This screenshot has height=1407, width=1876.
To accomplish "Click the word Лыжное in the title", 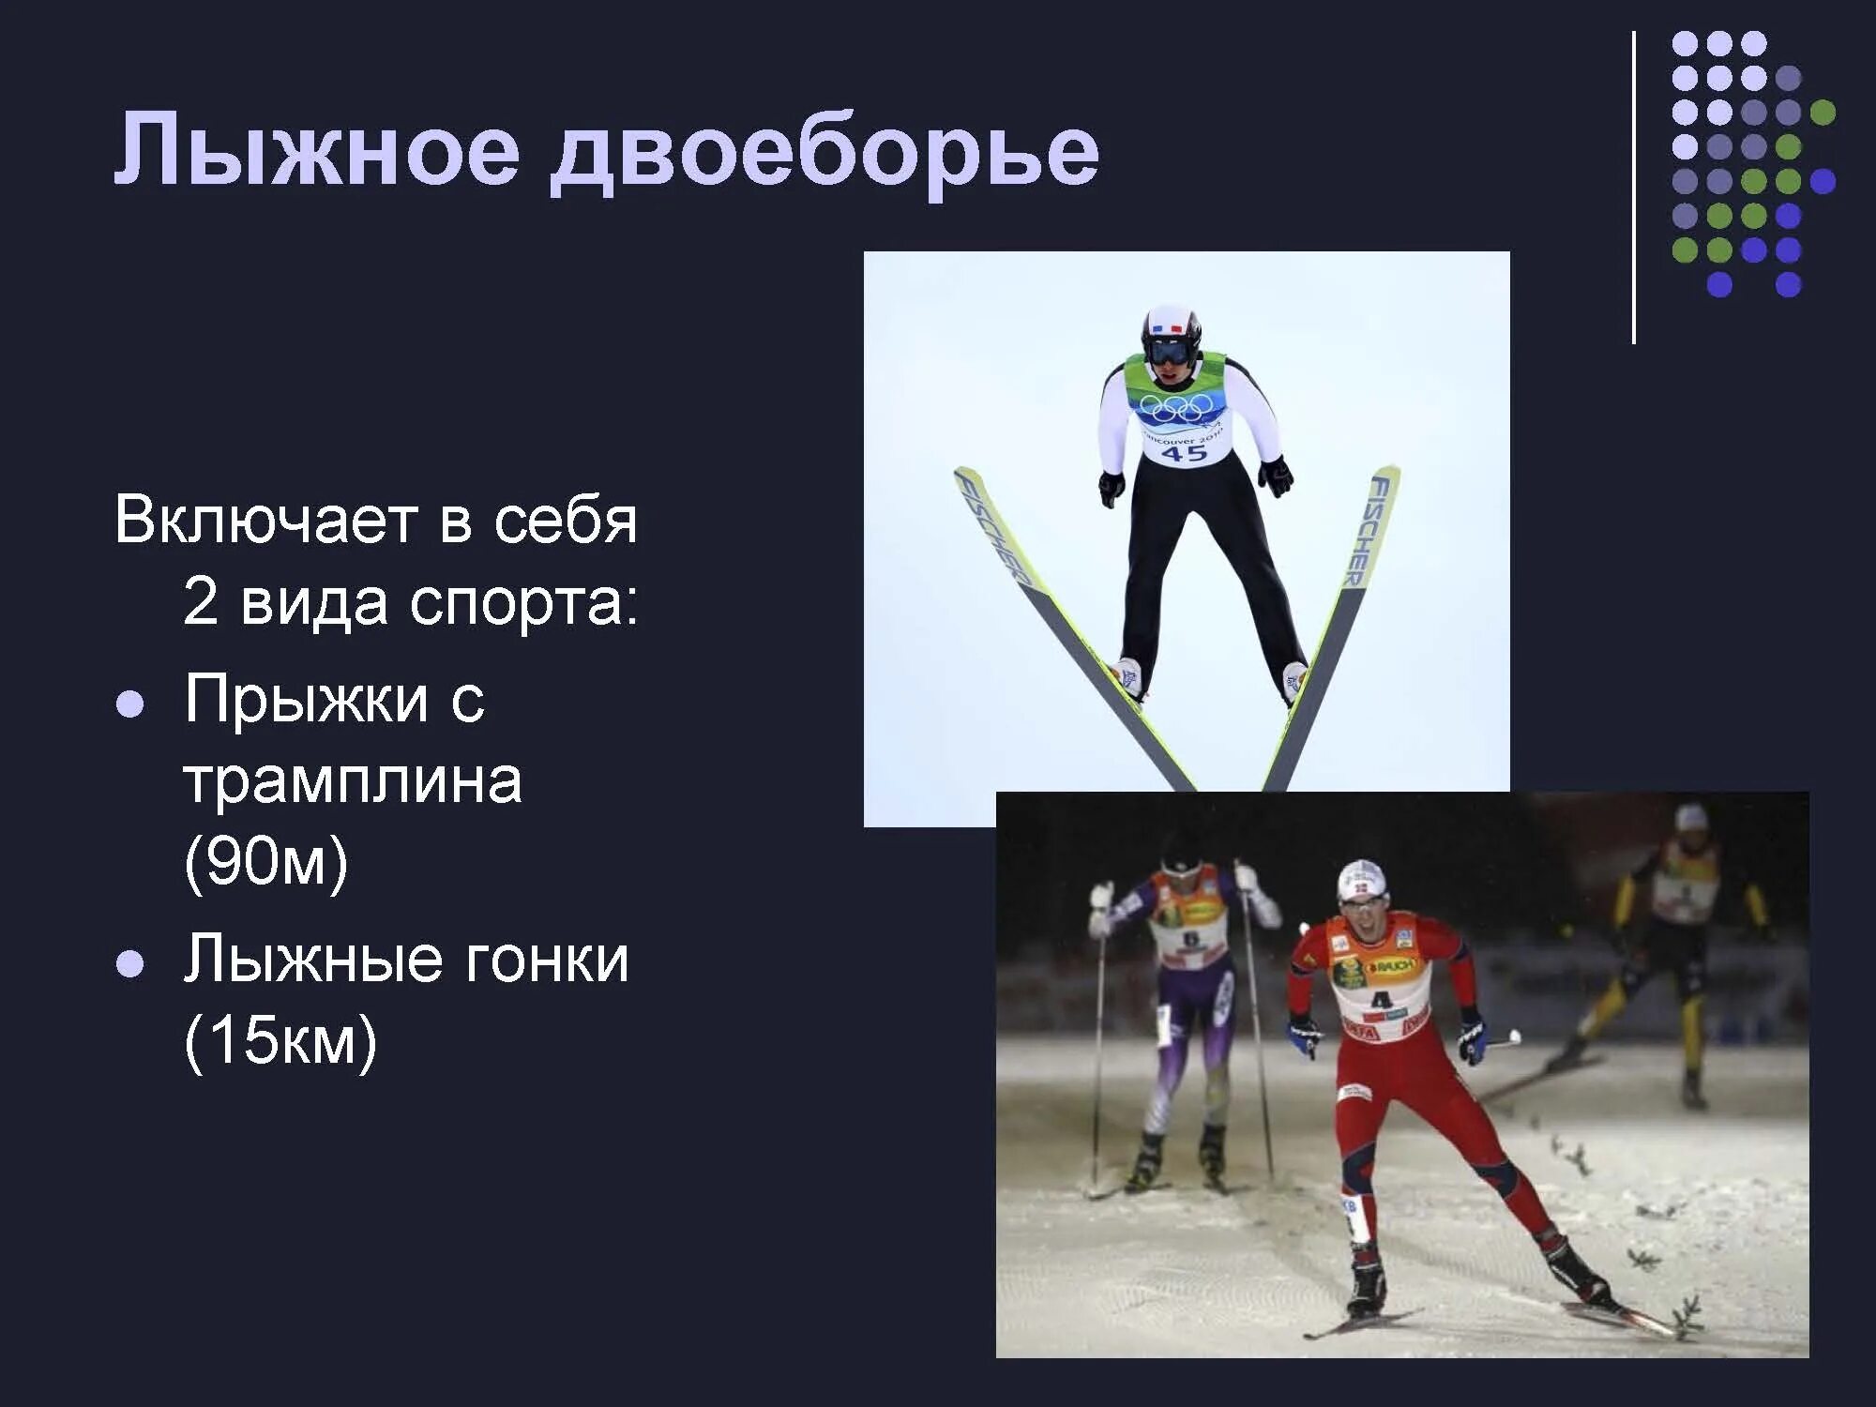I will click(x=317, y=150).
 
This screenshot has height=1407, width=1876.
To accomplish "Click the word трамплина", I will click(x=352, y=780).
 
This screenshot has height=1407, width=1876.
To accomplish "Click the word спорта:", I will click(x=523, y=602).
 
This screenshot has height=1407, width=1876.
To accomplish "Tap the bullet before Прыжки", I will click(x=130, y=704).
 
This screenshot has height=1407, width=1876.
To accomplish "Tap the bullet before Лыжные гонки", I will click(x=130, y=963).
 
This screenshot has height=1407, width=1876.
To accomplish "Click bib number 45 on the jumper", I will click(x=1184, y=453).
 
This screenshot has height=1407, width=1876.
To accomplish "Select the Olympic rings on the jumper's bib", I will click(x=1176, y=407).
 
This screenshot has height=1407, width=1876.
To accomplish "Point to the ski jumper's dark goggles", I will click(x=1171, y=352).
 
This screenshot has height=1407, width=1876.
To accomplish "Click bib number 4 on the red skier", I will click(x=1381, y=999).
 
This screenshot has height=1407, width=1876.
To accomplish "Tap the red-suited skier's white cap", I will click(x=1361, y=879).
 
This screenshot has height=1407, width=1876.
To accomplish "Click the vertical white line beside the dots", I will click(x=1634, y=188).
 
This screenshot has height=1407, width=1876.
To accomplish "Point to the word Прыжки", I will click(x=306, y=699).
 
